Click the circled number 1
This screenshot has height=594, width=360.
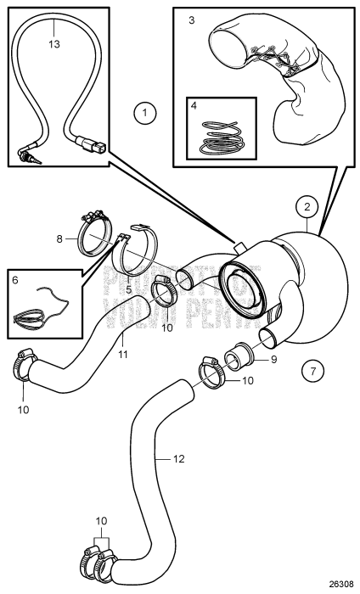[x=145, y=111]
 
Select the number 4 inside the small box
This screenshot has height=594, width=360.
[x=194, y=108]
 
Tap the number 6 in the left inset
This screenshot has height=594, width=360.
[x=14, y=277]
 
